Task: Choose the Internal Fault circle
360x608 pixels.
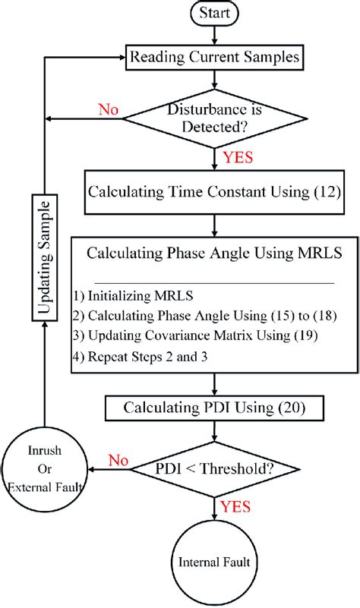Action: coord(216,562)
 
